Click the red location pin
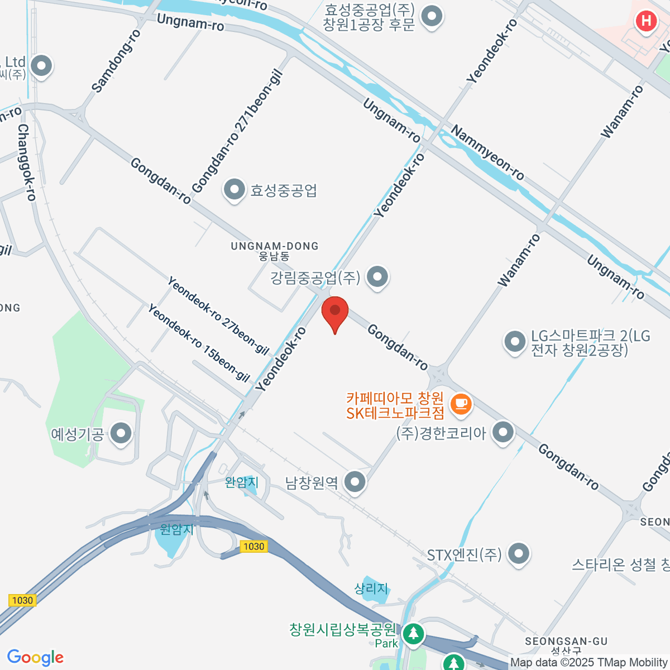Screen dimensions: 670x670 [x=335, y=312]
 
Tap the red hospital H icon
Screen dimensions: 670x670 [x=646, y=22]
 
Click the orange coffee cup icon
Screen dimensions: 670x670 [x=461, y=403]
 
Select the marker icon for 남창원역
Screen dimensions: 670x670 [x=355, y=481]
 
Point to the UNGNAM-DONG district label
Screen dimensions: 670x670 [x=275, y=251]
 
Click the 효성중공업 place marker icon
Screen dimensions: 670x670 [x=234, y=190]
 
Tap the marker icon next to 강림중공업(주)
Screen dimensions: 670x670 [x=378, y=276]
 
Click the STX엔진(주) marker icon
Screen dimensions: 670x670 [x=519, y=554]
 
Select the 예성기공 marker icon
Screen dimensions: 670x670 [x=121, y=433]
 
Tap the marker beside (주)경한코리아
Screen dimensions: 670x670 [x=504, y=432]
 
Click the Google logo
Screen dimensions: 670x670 [x=35, y=658]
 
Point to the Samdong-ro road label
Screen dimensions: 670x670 [x=116, y=61]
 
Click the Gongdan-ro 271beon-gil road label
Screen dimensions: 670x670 [x=237, y=132]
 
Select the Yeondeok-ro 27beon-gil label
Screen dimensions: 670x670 [x=218, y=316]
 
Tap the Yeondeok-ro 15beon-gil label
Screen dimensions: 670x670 [x=198, y=343]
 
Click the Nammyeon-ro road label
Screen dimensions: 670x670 [x=487, y=152]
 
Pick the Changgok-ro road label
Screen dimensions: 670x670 [x=26, y=162]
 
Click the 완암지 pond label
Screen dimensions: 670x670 [x=242, y=482]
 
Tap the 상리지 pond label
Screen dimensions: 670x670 [x=371, y=588]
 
